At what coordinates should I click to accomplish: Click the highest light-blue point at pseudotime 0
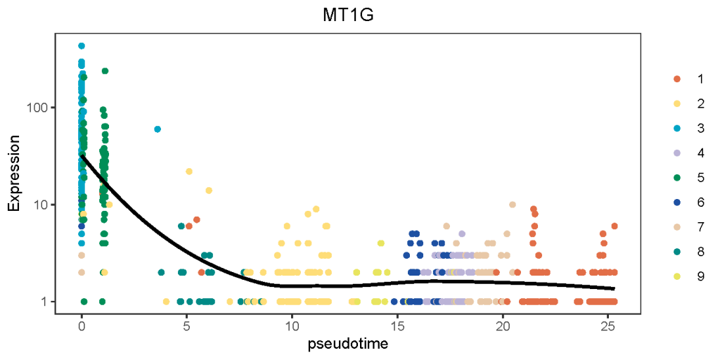pyautogui.click(x=82, y=46)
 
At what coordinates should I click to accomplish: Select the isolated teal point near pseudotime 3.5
pyautogui.click(x=157, y=129)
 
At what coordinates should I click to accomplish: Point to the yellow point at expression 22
pyautogui.click(x=188, y=172)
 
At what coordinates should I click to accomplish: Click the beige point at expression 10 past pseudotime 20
pyautogui.click(x=512, y=205)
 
